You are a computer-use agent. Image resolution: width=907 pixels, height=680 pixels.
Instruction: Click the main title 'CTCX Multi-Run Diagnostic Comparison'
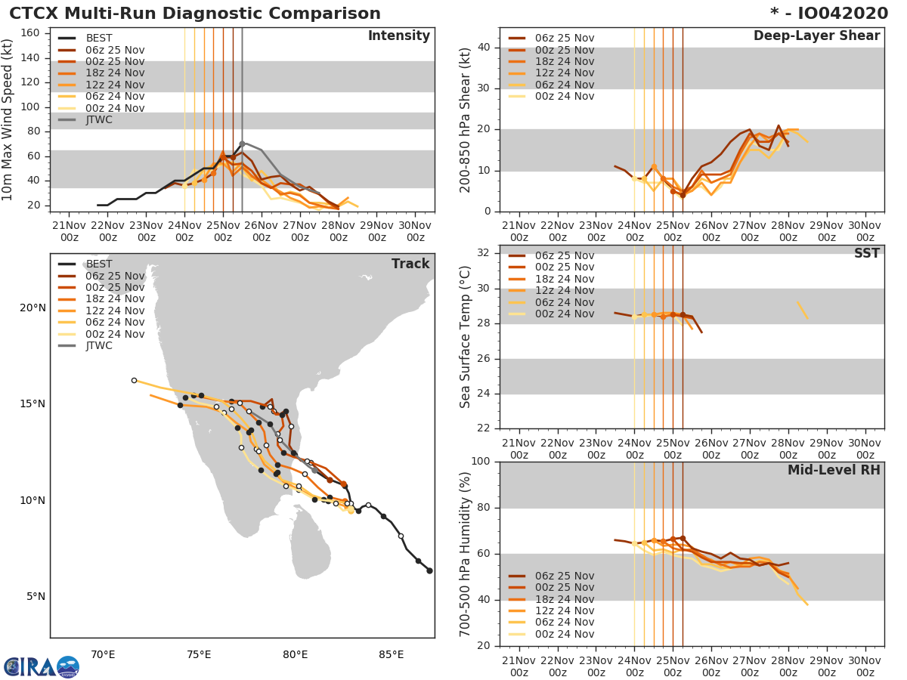pos(195,14)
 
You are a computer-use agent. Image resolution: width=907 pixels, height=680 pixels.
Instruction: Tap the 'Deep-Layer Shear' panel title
pos(816,36)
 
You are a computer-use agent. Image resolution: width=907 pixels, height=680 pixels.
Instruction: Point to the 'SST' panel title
pos(866,254)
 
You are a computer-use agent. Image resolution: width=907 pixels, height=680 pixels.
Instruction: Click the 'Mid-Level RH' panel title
pos(834,471)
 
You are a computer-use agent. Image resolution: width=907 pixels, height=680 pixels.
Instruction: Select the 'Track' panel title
pos(410,264)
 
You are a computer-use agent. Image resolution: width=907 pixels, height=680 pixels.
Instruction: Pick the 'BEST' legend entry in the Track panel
pos(99,264)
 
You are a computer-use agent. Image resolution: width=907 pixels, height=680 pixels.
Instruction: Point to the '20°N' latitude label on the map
pos(32,308)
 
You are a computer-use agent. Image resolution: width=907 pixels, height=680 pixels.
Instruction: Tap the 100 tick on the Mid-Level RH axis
pos(482,462)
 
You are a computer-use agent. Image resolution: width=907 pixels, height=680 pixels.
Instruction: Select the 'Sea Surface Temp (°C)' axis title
pos(465,336)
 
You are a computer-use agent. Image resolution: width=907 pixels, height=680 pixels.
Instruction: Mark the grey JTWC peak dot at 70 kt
pos(242,144)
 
